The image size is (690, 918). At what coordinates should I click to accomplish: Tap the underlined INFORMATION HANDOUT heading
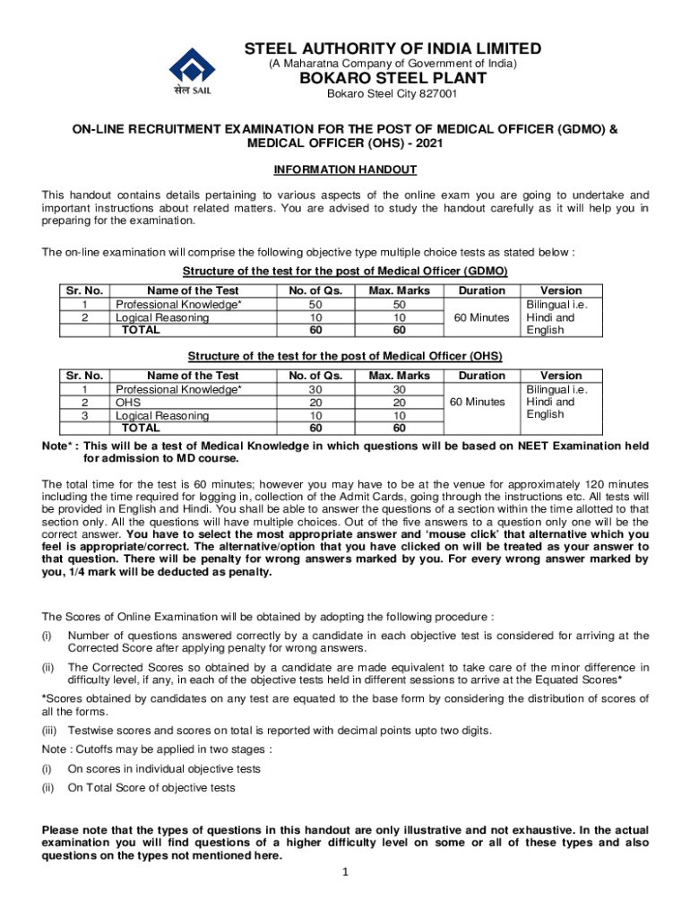pos(345,169)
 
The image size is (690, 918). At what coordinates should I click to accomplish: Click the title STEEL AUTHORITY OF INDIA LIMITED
pos(393,48)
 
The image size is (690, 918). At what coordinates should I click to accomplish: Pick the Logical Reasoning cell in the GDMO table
pos(160,317)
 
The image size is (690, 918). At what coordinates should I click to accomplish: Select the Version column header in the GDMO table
pos(561,290)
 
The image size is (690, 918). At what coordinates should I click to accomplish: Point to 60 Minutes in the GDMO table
pos(481,317)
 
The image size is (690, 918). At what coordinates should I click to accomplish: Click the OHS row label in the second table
pos(129,403)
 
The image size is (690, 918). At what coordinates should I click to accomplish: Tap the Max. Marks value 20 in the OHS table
pos(400,403)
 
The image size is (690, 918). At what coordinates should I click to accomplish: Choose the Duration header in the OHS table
pos(481,376)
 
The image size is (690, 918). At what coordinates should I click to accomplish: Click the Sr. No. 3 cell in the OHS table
pos(84,416)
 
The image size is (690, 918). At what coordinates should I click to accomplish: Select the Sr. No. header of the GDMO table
pos(84,290)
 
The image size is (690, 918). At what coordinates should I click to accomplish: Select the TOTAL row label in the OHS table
pos(142,428)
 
